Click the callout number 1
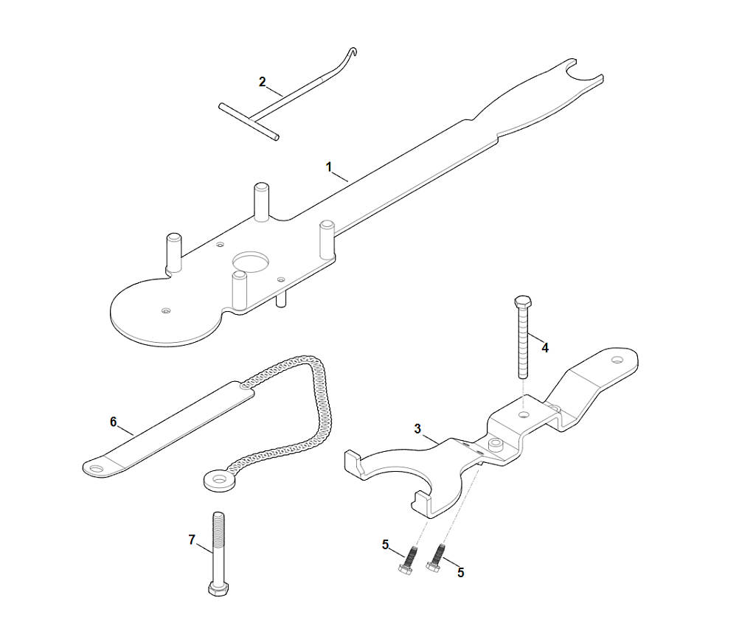click(329, 167)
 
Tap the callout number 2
click(263, 82)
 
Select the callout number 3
click(417, 428)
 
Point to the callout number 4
click(545, 347)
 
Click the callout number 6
click(114, 422)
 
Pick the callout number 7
click(192, 540)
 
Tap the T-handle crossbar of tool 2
click(249, 122)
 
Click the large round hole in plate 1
click(252, 262)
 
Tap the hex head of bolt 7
click(218, 590)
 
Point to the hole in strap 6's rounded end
click(97, 467)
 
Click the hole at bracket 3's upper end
click(617, 360)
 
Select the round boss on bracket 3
click(494, 445)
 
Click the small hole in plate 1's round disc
click(166, 311)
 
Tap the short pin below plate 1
click(280, 299)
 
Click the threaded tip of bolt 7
click(218, 516)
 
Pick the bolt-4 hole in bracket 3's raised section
click(523, 414)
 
